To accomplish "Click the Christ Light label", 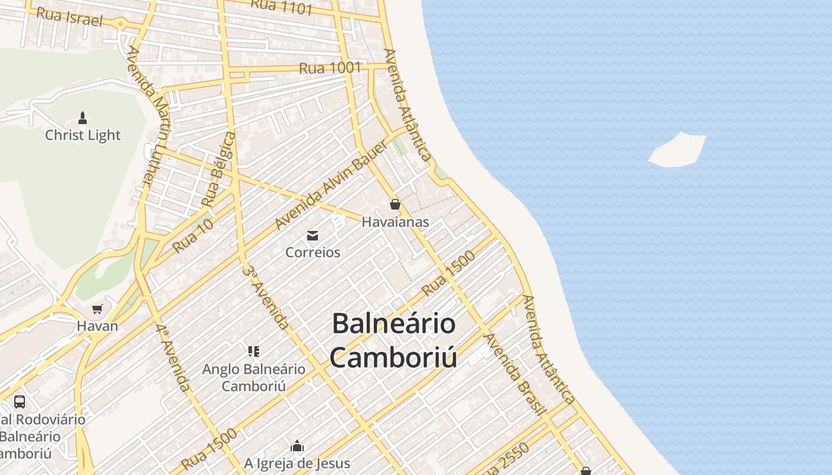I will click(x=83, y=135).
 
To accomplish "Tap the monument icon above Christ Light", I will click(x=83, y=118).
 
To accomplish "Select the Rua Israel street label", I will click(x=69, y=17).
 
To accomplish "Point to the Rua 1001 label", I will click(x=330, y=68).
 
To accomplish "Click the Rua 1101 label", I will click(x=281, y=7).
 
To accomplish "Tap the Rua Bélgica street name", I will click(x=219, y=169).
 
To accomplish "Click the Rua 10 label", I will click(x=193, y=236).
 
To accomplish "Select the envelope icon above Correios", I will click(x=313, y=236).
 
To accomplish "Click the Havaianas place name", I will click(x=395, y=222).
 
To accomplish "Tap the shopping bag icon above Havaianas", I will click(x=395, y=205).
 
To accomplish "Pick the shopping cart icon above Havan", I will click(x=97, y=309).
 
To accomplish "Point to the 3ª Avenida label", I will click(x=266, y=296).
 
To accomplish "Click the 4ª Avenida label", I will click(x=174, y=357).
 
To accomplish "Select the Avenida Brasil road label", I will click(x=515, y=374).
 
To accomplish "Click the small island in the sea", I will click(x=677, y=150).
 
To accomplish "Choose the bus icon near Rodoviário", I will click(x=20, y=402).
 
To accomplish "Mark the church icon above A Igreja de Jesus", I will click(x=297, y=446).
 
